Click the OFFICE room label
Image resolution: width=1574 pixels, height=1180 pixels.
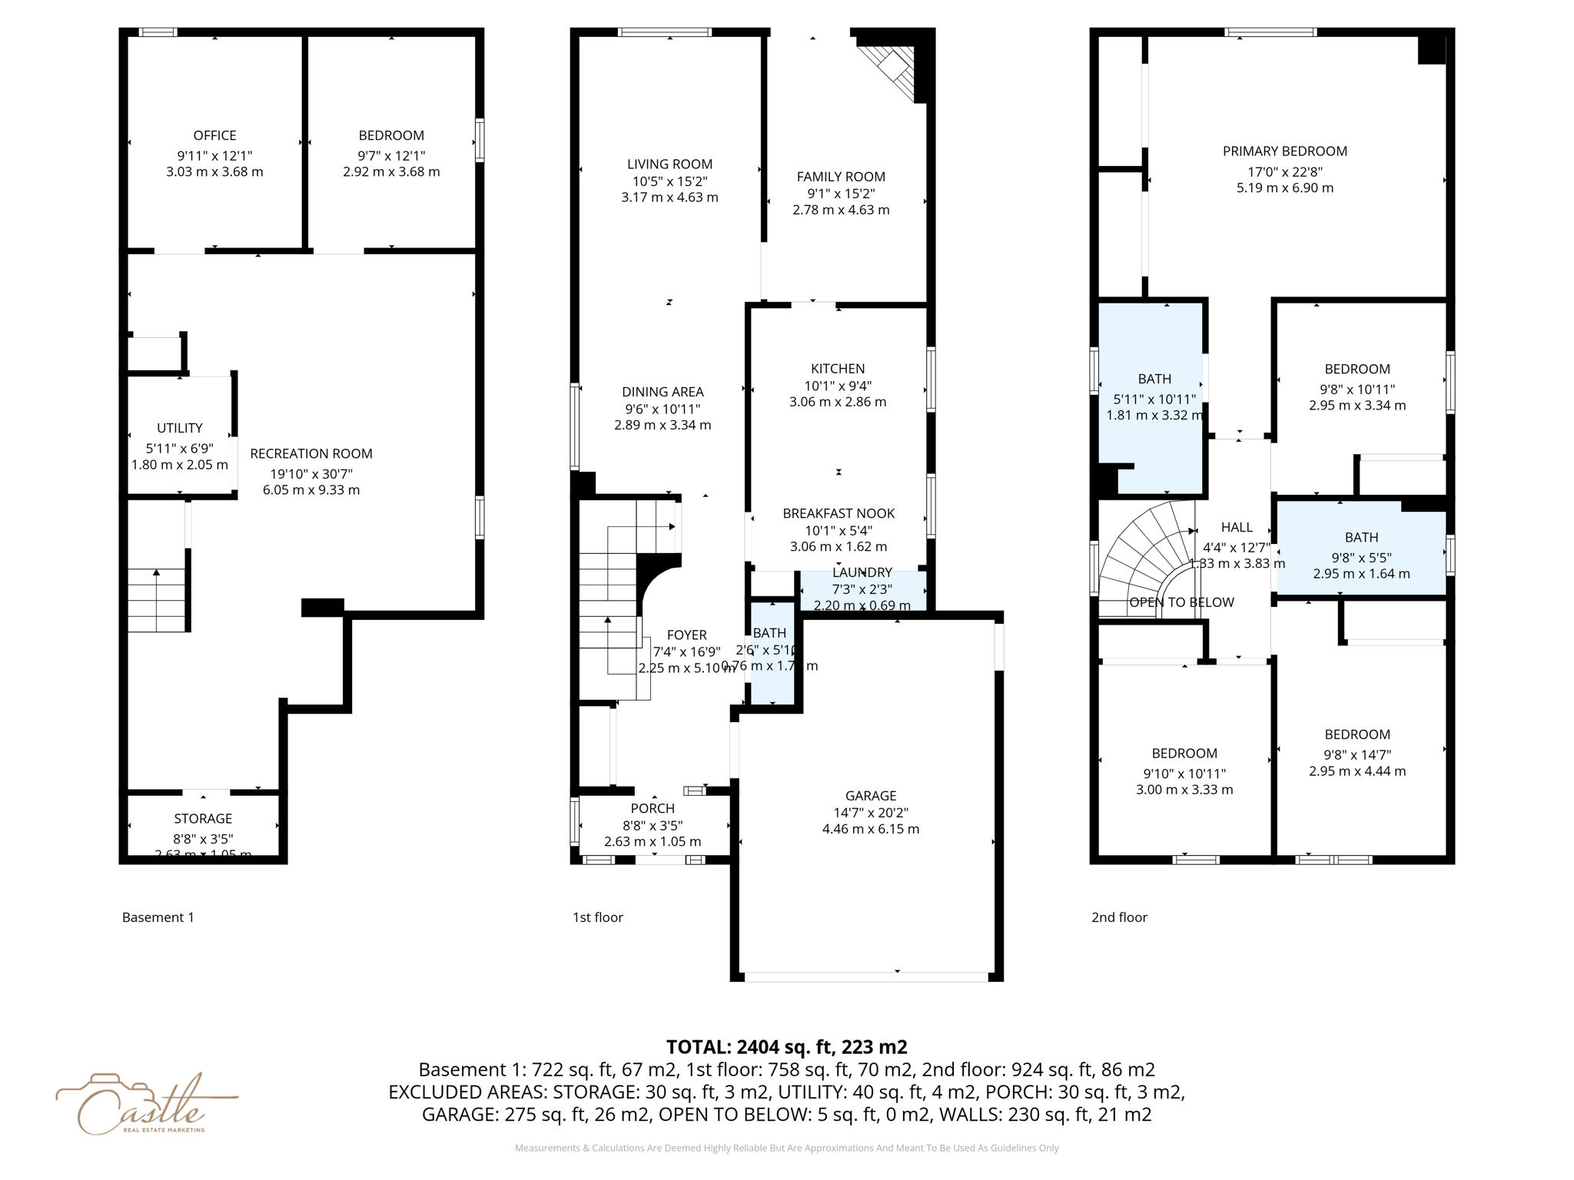tap(214, 136)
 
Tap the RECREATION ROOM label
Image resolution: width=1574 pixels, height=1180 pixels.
tap(310, 454)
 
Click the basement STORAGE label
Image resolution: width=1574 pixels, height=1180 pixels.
tap(203, 819)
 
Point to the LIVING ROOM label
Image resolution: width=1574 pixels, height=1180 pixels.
tap(669, 164)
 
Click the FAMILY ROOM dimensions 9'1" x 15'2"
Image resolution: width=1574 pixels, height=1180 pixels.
tap(841, 194)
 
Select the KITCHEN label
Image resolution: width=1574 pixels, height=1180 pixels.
tap(838, 369)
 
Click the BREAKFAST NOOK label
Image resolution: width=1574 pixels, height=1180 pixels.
tap(838, 513)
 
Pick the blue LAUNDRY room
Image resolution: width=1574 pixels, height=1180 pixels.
tap(862, 590)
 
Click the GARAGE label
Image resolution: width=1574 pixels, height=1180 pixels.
tap(871, 796)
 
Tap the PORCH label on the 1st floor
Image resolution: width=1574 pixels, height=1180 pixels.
tap(653, 808)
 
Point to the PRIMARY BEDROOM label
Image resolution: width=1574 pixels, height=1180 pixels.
tap(1284, 151)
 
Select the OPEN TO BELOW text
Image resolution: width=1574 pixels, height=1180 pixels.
tap(1181, 602)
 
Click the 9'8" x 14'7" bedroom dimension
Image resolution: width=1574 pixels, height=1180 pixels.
tap(1357, 754)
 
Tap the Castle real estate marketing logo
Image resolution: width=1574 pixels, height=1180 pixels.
tap(142, 1105)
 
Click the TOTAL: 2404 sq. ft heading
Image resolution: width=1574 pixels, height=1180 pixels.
tap(786, 1046)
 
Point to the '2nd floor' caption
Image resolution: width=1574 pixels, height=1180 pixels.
tap(1119, 917)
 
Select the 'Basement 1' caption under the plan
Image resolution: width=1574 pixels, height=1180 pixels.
tap(158, 917)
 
